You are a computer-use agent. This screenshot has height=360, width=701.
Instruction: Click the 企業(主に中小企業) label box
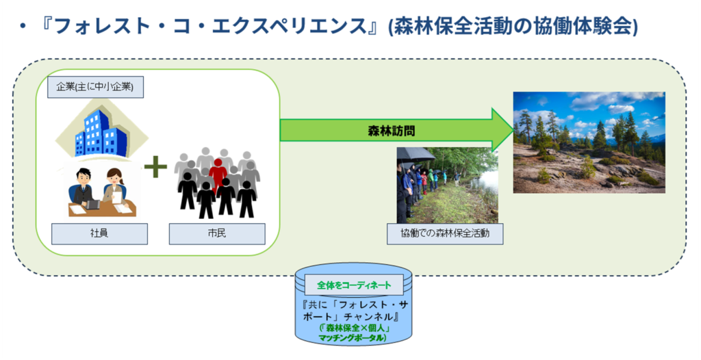click(95, 87)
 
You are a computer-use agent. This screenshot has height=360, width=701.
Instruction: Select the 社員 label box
click(99, 234)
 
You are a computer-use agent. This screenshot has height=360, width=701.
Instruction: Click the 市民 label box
click(217, 234)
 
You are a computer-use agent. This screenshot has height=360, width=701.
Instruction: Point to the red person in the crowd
click(218, 172)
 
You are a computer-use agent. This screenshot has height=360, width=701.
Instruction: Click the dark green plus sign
click(155, 166)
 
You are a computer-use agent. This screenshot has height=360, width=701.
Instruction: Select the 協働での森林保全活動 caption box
click(445, 234)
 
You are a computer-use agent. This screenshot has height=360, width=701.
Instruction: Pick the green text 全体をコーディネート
click(354, 285)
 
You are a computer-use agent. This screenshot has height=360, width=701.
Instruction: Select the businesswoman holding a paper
click(114, 188)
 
